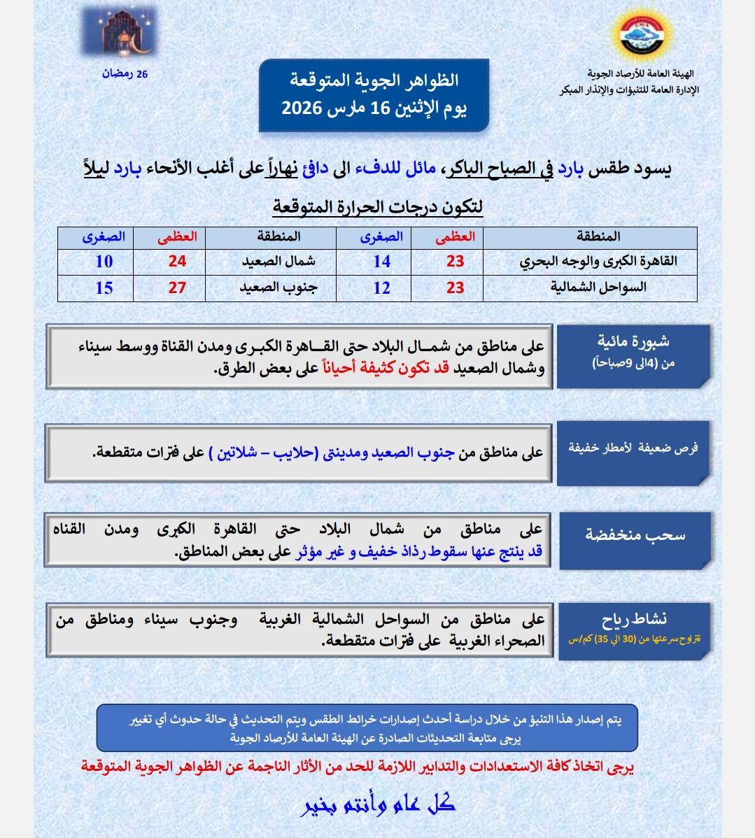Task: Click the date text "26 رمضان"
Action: [x=126, y=73]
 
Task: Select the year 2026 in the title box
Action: [x=302, y=108]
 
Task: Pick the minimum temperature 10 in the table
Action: [x=104, y=262]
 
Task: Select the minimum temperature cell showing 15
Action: [x=104, y=287]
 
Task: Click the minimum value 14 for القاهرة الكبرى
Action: [x=381, y=262]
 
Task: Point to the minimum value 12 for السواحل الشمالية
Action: [x=381, y=287]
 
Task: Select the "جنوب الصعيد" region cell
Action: [x=278, y=287]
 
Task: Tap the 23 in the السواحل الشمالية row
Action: [x=456, y=287]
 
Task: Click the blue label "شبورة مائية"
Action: [x=633, y=341]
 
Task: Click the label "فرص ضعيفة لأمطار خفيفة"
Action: [x=632, y=448]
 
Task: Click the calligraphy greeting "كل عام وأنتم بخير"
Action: [x=378, y=805]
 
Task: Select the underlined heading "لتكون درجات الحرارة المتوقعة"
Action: [x=378, y=208]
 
